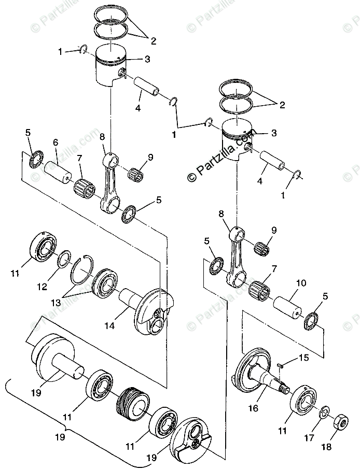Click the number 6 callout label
55,142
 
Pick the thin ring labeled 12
63,257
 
